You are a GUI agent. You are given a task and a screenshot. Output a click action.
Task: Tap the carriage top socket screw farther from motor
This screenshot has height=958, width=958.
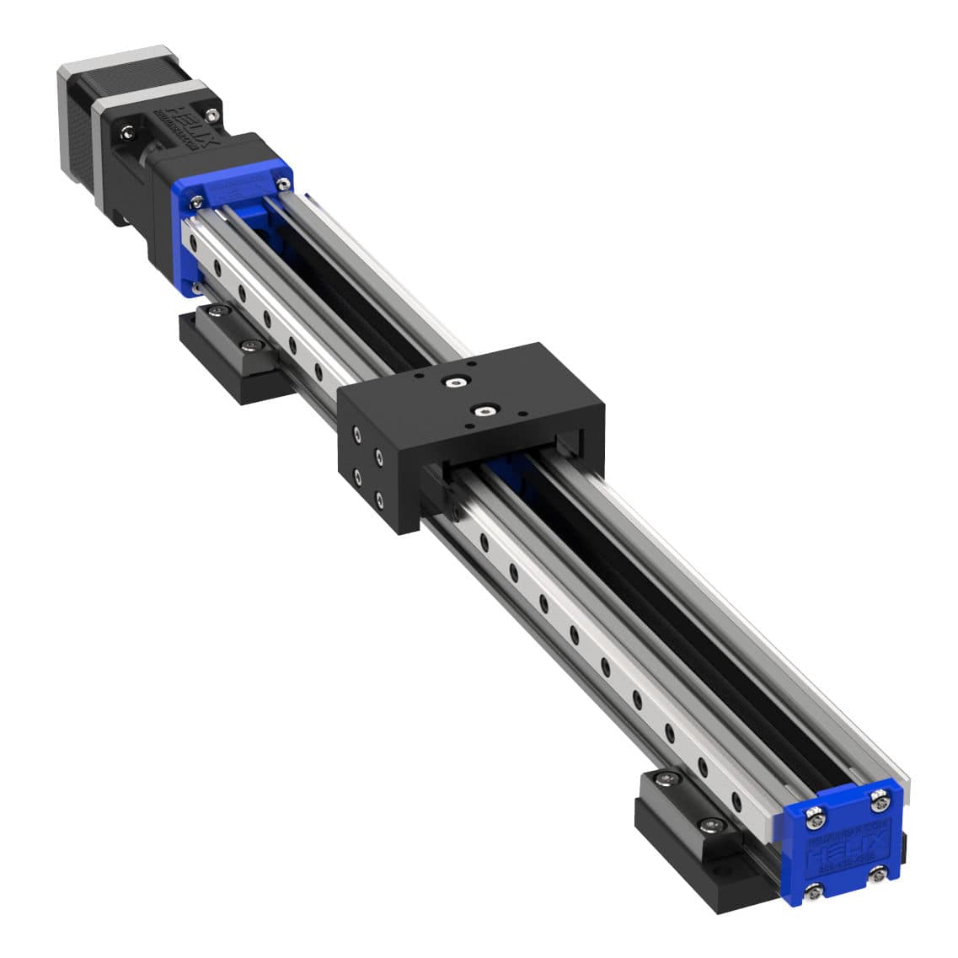pyautogui.click(x=483, y=411)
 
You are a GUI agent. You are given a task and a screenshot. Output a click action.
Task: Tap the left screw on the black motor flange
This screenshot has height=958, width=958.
pyautogui.click(x=126, y=131)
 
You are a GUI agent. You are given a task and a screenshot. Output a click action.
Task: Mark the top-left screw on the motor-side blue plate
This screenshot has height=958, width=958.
pyautogui.click(x=196, y=200)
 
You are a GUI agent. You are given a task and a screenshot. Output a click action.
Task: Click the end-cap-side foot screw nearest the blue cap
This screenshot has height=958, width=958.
pyautogui.click(x=712, y=820)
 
